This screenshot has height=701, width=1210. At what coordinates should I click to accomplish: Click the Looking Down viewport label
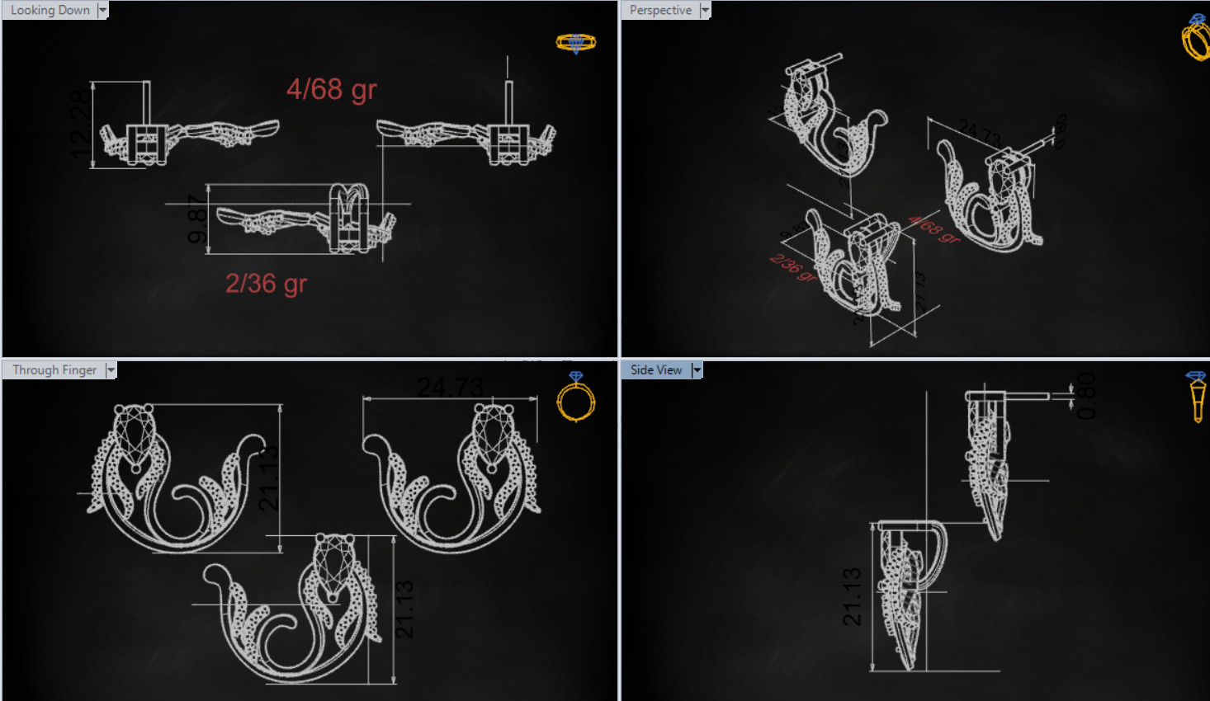(x=50, y=11)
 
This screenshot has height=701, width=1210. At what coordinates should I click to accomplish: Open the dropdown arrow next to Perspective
(x=705, y=11)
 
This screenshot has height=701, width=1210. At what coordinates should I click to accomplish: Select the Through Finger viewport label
(x=54, y=370)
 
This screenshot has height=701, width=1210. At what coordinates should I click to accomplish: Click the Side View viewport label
(x=656, y=370)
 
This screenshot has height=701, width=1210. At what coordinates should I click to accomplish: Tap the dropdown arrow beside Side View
(x=697, y=370)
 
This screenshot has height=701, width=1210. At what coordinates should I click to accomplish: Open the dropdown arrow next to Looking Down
(x=102, y=11)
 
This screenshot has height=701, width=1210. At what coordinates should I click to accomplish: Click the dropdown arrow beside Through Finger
(x=111, y=370)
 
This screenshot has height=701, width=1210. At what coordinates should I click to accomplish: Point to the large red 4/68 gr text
(x=331, y=89)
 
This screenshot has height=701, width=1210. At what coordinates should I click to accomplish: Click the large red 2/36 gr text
(x=266, y=284)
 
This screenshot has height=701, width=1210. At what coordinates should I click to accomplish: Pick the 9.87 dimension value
(x=197, y=219)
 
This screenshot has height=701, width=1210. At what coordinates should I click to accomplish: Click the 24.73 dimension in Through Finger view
(x=450, y=387)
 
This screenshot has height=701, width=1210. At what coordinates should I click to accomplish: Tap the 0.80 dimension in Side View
(x=1086, y=396)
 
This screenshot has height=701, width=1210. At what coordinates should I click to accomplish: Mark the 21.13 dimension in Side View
(x=853, y=596)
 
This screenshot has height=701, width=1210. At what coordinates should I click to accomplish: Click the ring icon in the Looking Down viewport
(x=575, y=43)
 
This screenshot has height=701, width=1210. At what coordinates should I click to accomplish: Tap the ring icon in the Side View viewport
(x=1197, y=397)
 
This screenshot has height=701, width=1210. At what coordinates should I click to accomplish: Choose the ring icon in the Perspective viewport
(x=1195, y=38)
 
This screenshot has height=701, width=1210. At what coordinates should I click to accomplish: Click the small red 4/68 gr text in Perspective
(x=933, y=229)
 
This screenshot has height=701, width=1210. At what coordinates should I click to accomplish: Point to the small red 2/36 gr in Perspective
(x=793, y=268)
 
